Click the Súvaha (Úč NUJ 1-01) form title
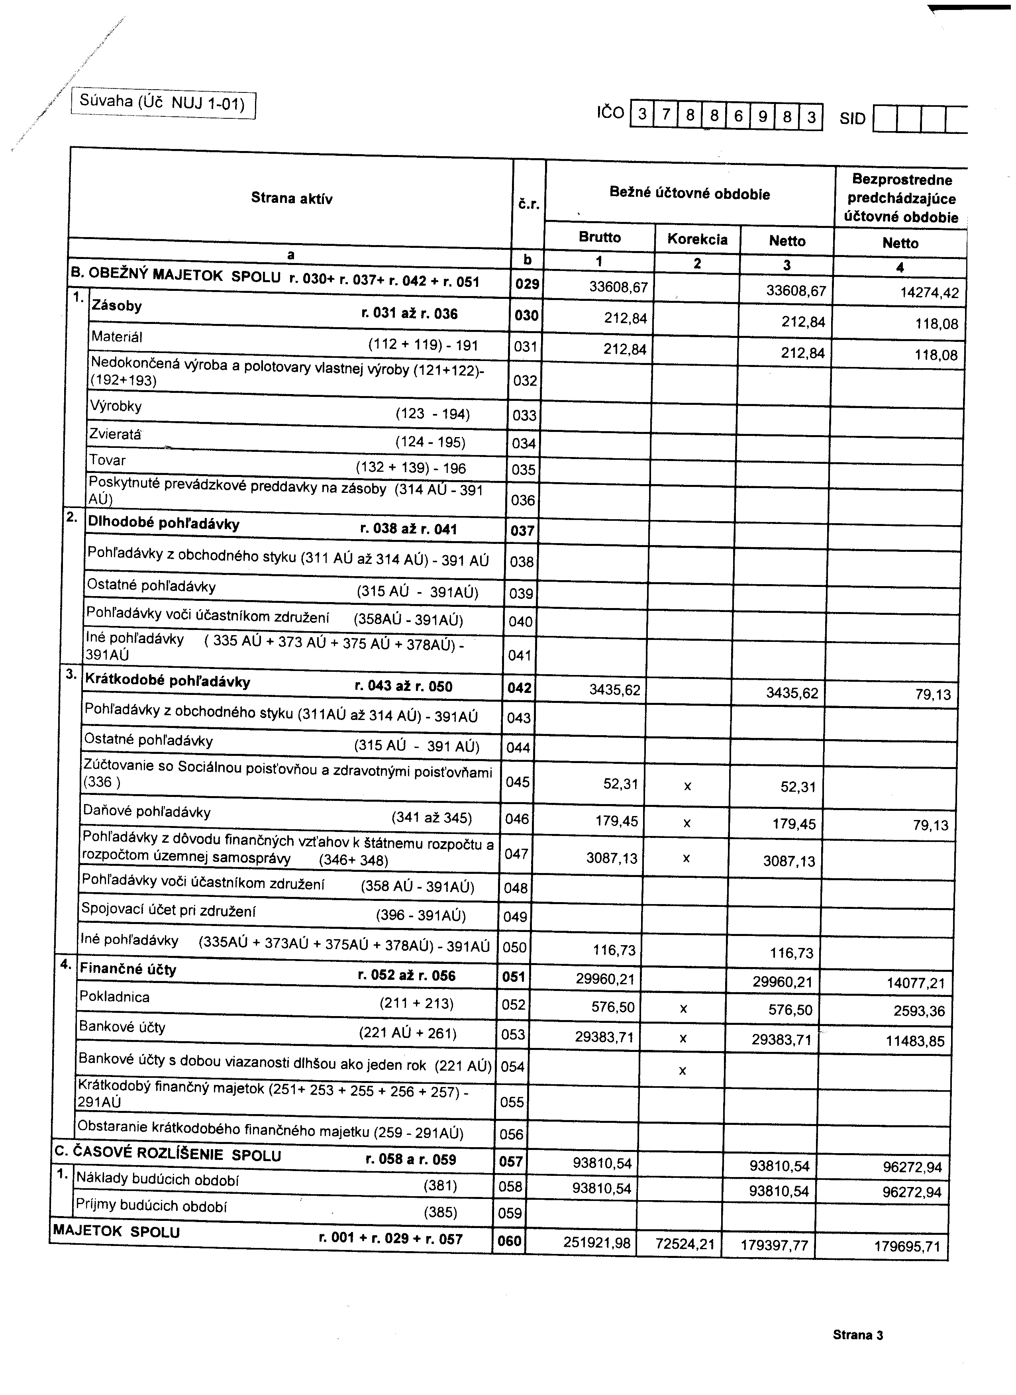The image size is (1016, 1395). (x=163, y=103)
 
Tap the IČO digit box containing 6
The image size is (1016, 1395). (x=738, y=116)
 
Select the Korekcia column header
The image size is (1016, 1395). (x=697, y=239)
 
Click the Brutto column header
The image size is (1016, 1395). (x=600, y=237)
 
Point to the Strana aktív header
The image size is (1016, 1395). (x=292, y=198)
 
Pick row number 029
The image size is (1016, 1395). (x=527, y=284)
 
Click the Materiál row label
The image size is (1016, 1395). (x=117, y=336)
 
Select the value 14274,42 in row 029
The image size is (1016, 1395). (x=929, y=293)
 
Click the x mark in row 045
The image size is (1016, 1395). (x=688, y=786)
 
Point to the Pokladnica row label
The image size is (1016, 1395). (x=114, y=997)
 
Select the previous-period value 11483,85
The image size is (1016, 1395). (x=914, y=1041)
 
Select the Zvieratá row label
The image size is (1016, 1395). (x=115, y=434)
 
